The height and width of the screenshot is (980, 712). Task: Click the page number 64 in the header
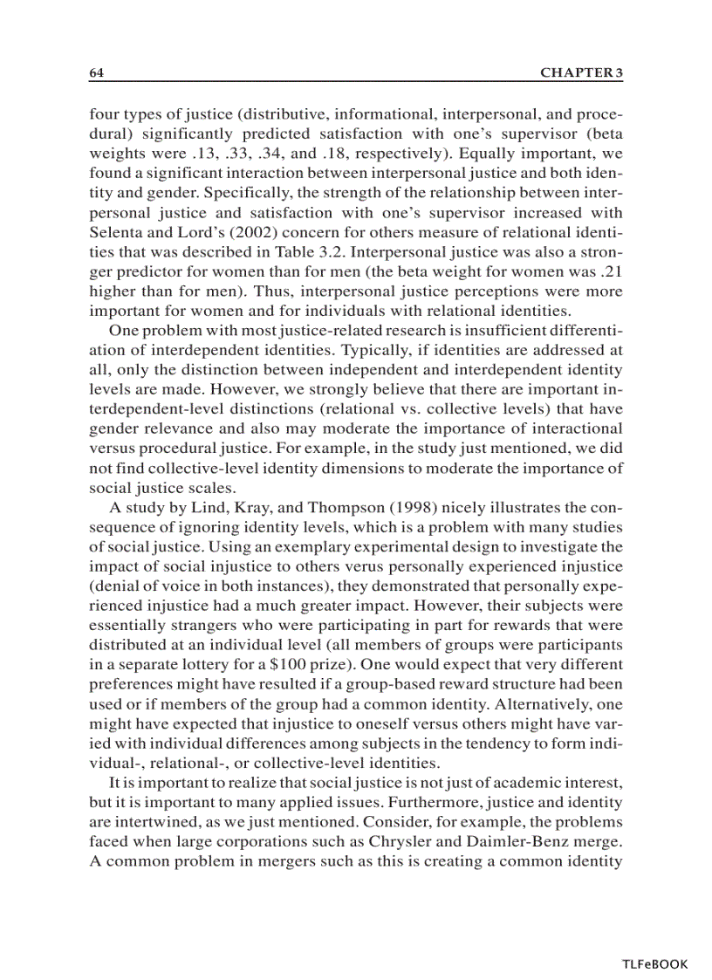[x=97, y=73]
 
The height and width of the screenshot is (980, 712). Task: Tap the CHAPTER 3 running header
[x=582, y=73]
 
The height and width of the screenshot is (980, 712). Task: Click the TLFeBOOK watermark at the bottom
[x=655, y=964]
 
